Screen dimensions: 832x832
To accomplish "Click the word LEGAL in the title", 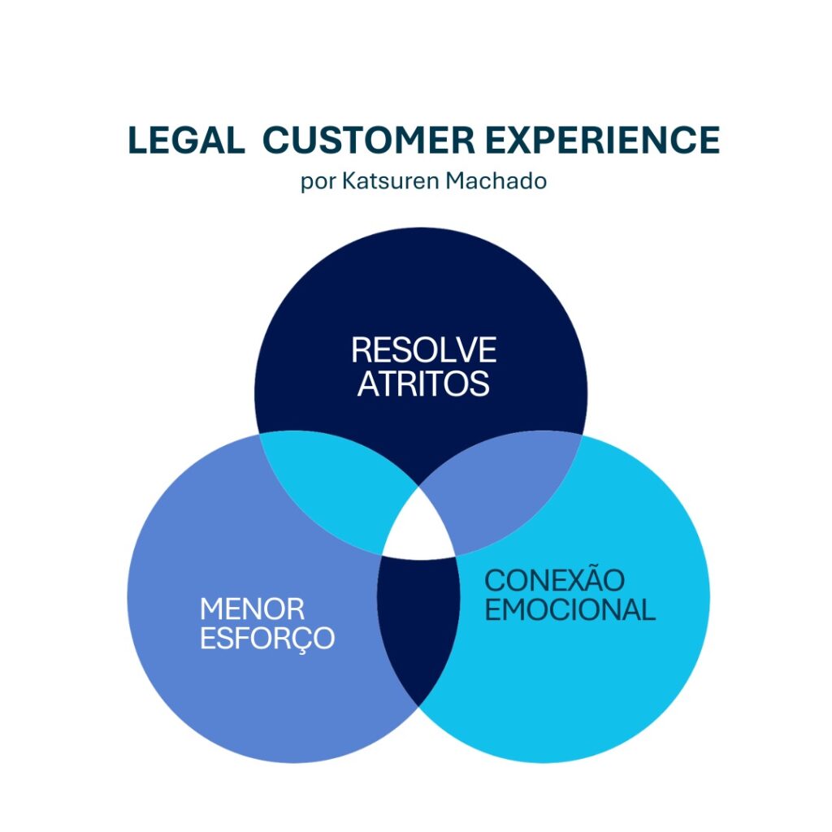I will [x=186, y=141].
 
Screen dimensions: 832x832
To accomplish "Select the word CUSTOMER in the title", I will [x=369, y=141].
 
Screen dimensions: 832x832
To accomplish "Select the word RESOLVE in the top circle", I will [x=423, y=350].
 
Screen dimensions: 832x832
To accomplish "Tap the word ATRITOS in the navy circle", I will [x=423, y=383].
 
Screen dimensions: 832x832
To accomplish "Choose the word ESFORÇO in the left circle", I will [x=267, y=638].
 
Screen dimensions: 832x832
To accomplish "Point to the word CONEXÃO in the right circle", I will [x=555, y=580].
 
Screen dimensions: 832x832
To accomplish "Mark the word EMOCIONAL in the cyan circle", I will [x=570, y=609].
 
